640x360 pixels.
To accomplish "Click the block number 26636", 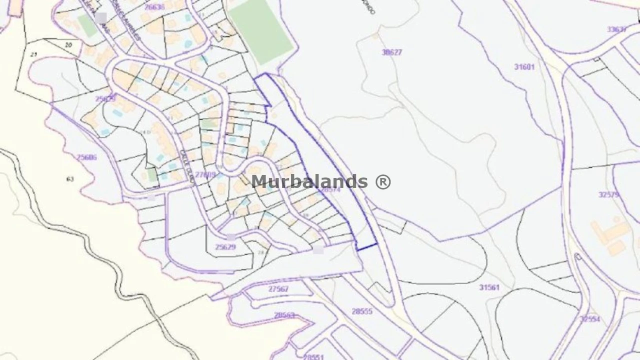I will [x=154, y=7].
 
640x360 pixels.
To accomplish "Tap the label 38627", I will [x=391, y=52].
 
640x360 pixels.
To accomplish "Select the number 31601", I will [x=524, y=67].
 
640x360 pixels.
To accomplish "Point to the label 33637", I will [x=617, y=29].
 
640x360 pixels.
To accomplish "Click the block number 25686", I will [x=86, y=157].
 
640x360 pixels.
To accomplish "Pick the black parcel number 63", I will [x=69, y=178].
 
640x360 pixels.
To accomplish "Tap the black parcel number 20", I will [x=68, y=45].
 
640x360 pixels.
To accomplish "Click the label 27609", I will [x=205, y=174].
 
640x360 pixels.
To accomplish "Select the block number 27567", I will [x=278, y=289].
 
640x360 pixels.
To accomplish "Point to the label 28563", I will [x=284, y=315].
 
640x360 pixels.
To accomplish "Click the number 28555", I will [x=362, y=311].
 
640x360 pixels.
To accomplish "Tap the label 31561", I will [x=489, y=287].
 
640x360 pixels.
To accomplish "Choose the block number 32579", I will [x=609, y=194].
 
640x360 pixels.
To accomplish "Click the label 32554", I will [x=590, y=319].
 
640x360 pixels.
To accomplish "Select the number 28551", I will [x=313, y=357].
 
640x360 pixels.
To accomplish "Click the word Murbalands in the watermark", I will [x=309, y=181].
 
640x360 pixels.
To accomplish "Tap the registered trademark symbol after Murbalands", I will [x=382, y=181].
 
